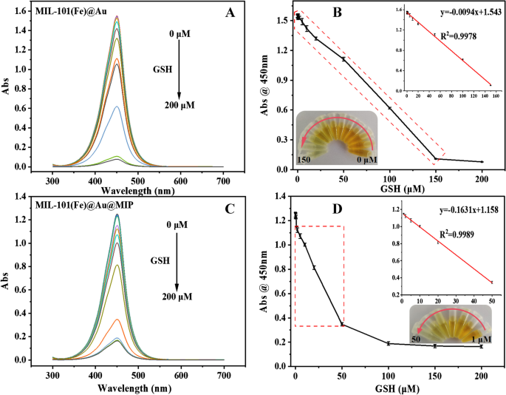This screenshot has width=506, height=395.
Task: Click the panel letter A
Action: (230, 13)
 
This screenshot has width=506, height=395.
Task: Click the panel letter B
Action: (337, 13)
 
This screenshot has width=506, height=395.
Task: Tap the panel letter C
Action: (230, 209)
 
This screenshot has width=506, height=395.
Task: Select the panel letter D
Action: (337, 209)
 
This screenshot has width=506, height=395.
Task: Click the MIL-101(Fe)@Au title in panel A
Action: (71, 11)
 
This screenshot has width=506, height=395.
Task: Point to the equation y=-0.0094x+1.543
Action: (471, 13)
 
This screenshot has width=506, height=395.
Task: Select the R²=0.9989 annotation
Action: (457, 234)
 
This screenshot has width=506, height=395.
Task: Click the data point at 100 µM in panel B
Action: (390, 108)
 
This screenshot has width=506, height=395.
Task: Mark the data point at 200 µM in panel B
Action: (482, 161)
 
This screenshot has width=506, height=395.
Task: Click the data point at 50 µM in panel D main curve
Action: (342, 325)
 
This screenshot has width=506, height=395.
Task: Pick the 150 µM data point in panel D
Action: (435, 346)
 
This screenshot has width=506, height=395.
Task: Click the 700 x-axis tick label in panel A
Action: (223, 181)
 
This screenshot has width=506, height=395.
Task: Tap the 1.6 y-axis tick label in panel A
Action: (22, 11)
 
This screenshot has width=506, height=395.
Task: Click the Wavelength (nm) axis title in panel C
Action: (134, 388)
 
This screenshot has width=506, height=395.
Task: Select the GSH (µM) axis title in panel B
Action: (398, 189)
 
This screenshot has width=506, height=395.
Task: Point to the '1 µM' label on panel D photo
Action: (482, 339)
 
